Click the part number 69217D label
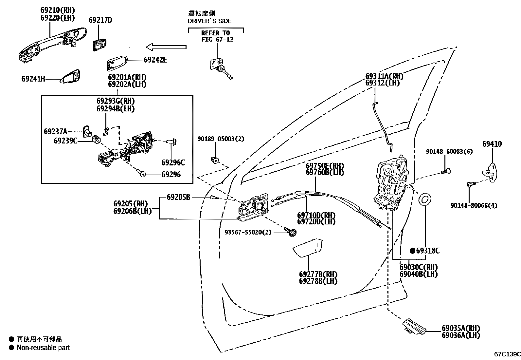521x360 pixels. tap(100, 20)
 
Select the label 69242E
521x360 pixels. tap(155, 60)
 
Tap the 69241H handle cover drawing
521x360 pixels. tap(72, 76)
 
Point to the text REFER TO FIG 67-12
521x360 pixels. tap(215, 36)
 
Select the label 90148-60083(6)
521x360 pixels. tap(449, 152)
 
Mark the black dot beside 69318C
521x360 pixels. tap(413, 251)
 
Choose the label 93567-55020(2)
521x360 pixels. tap(248, 232)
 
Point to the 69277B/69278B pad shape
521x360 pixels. tap(308, 247)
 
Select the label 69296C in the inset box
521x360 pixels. tap(173, 162)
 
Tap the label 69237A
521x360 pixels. tap(55, 132)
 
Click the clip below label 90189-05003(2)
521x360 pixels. tap(215, 160)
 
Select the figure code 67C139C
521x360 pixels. tap(507, 354)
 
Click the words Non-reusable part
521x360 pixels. tap(43, 348)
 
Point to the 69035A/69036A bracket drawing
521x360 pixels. tap(414, 326)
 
